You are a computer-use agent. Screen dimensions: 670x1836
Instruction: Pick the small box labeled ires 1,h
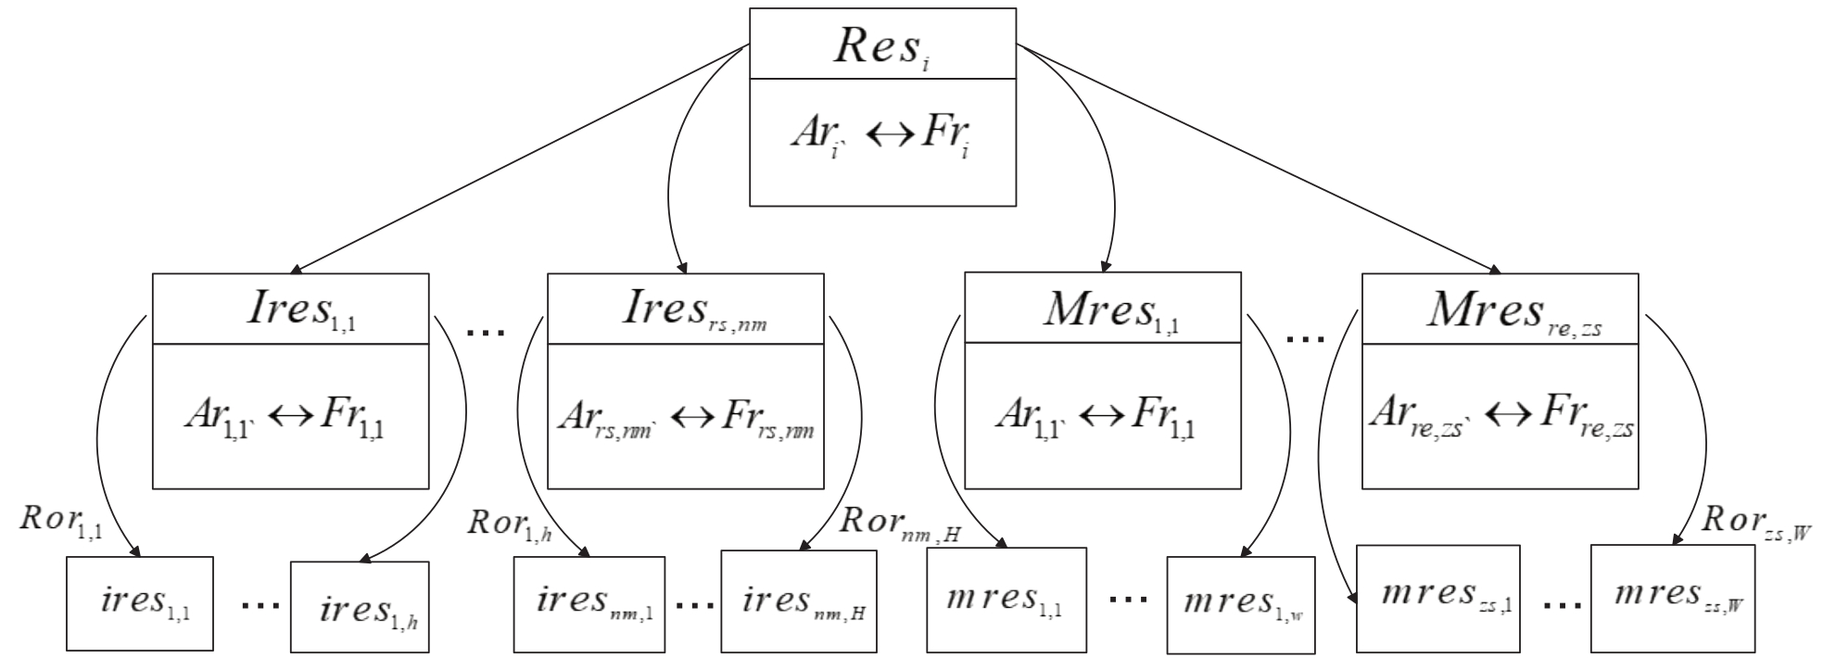(x=360, y=608)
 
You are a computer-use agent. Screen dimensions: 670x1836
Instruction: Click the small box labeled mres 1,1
(x=1007, y=600)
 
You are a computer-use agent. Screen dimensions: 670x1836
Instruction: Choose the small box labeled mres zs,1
(x=1437, y=597)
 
